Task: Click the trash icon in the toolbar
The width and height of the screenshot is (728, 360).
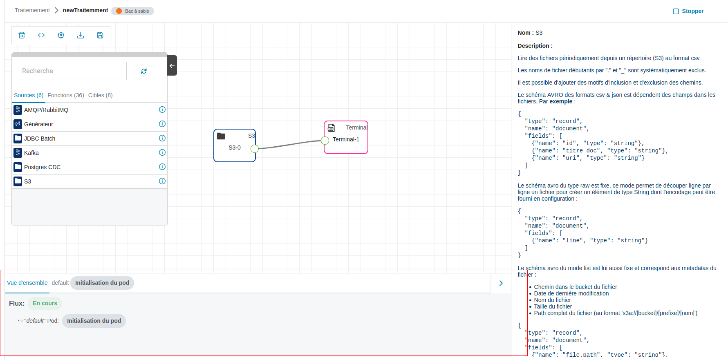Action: point(22,35)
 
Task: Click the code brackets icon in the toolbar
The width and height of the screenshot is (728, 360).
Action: point(41,35)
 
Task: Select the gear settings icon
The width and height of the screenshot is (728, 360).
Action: point(61,35)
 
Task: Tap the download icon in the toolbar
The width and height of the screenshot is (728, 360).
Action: point(81,35)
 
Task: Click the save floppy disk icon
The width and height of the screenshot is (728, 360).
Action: point(100,35)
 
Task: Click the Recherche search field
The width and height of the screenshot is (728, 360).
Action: point(72,71)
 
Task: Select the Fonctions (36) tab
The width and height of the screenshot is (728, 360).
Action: point(66,95)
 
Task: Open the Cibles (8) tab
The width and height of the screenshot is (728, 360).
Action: point(101,95)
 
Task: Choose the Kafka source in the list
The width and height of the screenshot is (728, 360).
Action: point(31,153)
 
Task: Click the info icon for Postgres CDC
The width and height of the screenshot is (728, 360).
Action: point(162,167)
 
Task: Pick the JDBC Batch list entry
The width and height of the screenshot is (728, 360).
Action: point(40,139)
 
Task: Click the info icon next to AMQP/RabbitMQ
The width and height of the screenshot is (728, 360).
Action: point(162,110)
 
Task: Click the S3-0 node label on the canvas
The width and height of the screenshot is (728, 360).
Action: point(235,148)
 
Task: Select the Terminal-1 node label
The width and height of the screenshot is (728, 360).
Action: point(346,139)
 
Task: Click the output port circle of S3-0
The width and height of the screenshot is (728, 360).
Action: point(255,148)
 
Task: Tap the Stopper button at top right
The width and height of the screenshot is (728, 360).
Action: point(688,11)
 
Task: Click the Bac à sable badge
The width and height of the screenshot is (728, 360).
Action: point(133,11)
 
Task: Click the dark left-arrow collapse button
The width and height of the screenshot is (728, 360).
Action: point(172,65)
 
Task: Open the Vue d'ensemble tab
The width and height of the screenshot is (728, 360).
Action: point(27,283)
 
